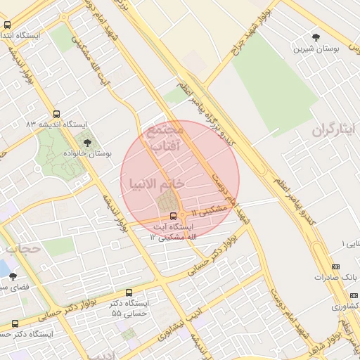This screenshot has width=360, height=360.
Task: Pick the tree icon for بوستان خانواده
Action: tap(87, 143)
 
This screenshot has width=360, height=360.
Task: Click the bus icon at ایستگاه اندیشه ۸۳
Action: tap(56, 114)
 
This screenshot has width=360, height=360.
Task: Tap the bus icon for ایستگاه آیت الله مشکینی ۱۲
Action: tap(174, 216)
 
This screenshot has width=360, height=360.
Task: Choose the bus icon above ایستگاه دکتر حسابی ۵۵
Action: tap(129, 292)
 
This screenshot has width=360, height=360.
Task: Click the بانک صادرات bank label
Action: tap(332, 277)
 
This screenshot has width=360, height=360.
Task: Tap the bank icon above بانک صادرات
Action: tap(335, 266)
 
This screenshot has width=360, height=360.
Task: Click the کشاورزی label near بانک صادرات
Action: tap(344, 307)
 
